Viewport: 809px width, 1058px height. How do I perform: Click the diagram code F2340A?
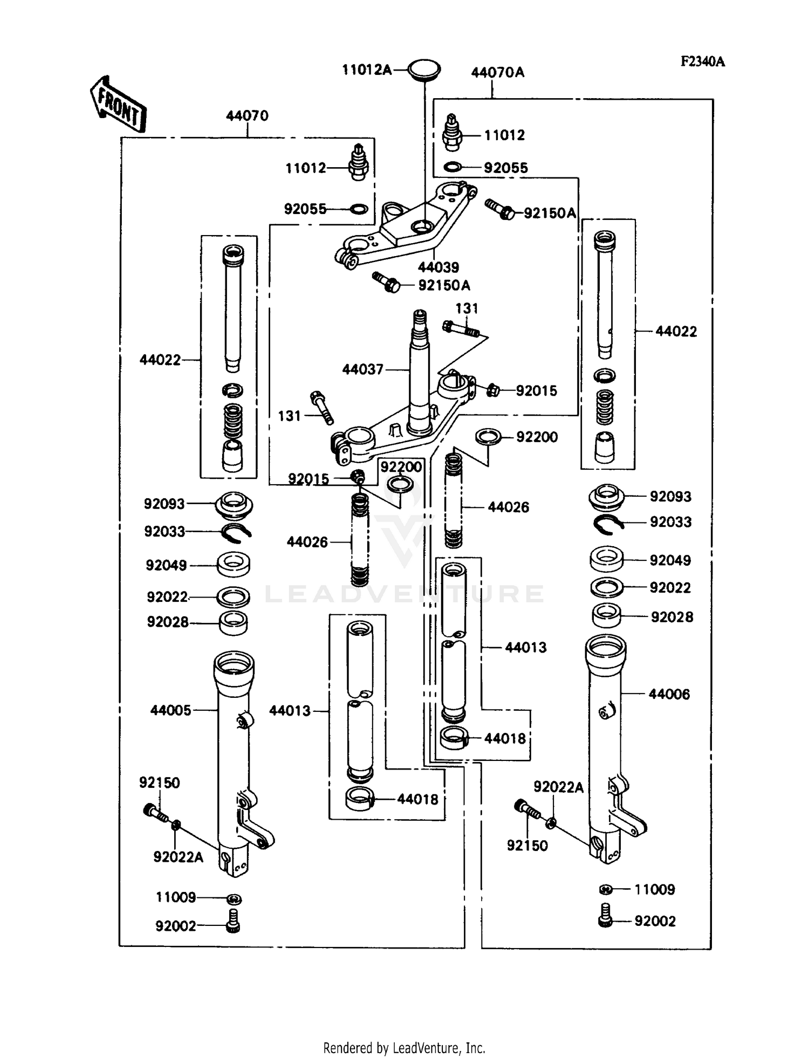702,61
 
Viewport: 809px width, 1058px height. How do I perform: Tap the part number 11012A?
367,70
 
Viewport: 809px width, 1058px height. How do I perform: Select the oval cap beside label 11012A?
423,70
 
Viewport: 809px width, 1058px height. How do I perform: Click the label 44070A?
497,72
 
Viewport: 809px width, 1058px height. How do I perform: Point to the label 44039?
438,267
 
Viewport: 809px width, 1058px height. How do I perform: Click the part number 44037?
362,369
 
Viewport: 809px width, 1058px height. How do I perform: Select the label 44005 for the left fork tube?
170,710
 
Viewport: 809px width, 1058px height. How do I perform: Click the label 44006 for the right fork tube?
669,694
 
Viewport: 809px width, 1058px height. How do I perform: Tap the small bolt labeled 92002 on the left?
234,925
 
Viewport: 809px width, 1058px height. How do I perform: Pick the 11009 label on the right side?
654,889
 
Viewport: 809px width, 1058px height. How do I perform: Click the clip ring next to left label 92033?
236,531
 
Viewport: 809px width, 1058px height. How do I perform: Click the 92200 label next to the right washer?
537,437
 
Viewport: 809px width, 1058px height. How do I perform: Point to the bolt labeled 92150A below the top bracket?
386,282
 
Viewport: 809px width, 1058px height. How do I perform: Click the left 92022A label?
178,857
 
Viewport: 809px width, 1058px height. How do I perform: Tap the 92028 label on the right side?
671,617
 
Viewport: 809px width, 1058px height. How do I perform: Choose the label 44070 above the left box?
247,115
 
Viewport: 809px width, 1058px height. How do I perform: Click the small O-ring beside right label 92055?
453,168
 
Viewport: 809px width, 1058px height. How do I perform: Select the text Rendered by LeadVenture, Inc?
404,1048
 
